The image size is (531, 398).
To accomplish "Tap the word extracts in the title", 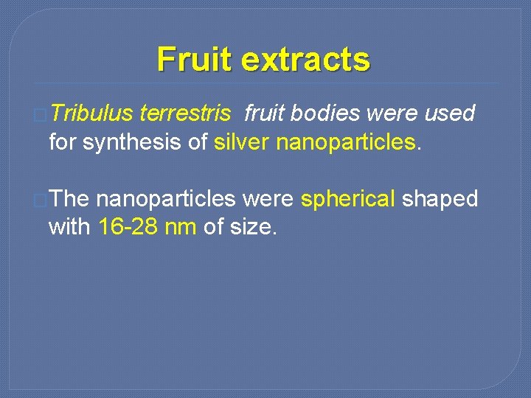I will [306, 59].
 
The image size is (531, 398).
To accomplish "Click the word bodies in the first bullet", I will [325, 114].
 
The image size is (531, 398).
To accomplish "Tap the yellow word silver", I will [242, 142].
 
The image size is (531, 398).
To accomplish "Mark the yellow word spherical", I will [348, 199].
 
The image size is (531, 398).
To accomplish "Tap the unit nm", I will [180, 227].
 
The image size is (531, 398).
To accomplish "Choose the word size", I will [252, 227].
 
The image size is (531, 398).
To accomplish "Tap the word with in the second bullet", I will [69, 227].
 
